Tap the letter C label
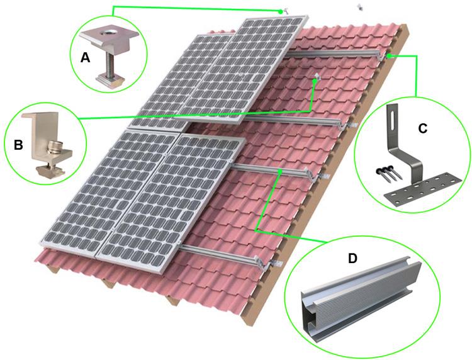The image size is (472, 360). pos(423,128)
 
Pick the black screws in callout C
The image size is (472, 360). pos(388,170)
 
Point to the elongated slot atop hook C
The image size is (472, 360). pos(394,120)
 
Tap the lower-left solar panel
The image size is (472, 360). pos(101,189)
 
